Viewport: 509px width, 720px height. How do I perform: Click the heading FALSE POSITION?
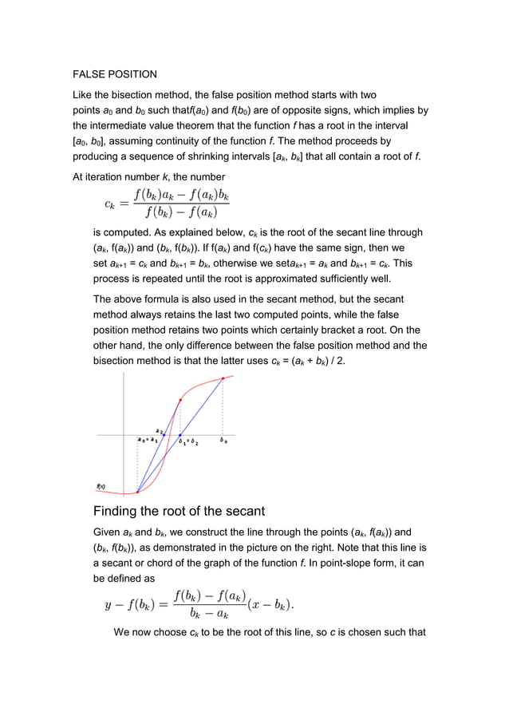click(x=115, y=74)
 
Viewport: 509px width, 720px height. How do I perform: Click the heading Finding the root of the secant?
click(x=179, y=511)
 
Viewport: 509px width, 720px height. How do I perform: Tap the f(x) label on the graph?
click(x=101, y=486)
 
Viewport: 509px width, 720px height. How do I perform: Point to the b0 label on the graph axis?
click(x=223, y=441)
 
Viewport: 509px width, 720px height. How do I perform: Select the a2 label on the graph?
click(x=159, y=430)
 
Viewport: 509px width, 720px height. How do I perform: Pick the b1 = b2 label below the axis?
click(x=188, y=441)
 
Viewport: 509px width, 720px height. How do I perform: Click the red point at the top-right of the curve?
click(x=223, y=378)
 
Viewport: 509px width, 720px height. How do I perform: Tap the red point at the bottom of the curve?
click(x=137, y=492)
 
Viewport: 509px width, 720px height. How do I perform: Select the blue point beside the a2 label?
click(x=164, y=435)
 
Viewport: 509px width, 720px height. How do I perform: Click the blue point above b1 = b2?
click(x=180, y=435)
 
